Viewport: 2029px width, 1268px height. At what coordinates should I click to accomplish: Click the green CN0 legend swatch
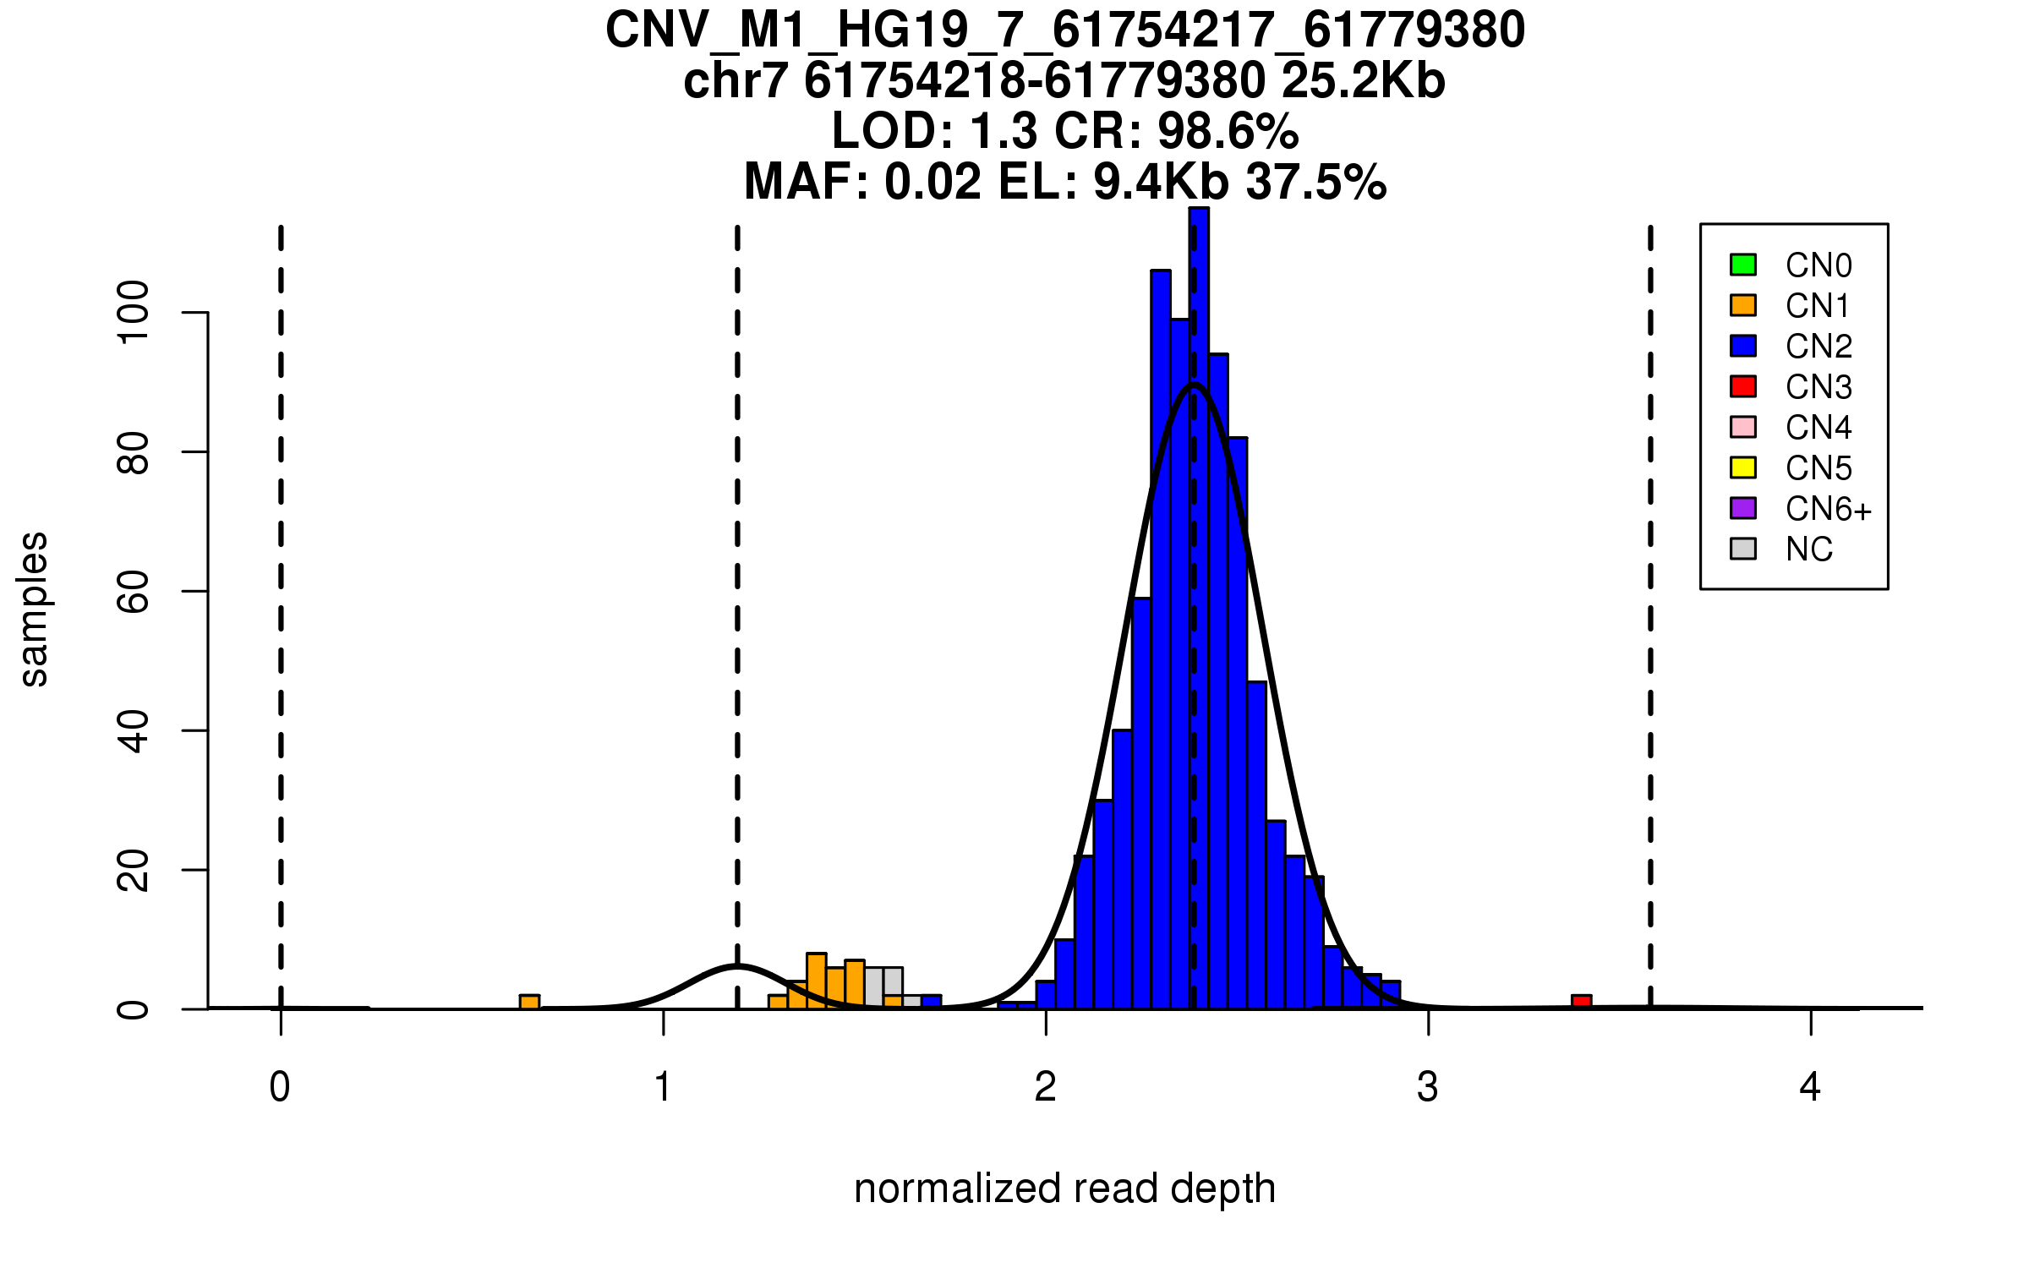pos(1743,265)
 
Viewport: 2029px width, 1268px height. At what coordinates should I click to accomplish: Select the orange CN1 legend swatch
pos(1743,305)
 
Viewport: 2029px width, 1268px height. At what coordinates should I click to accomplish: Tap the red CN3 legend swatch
pos(1743,386)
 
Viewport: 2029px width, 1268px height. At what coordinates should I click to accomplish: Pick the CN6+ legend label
pos(1829,509)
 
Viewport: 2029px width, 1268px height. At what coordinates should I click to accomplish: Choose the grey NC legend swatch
pos(1743,549)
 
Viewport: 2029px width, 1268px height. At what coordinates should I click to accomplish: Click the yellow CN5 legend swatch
pos(1743,467)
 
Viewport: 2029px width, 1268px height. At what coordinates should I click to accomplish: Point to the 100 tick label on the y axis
pos(134,313)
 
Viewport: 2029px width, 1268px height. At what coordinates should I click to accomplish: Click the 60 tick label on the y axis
pos(134,592)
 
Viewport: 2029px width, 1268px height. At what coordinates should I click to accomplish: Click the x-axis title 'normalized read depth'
pos(1064,1189)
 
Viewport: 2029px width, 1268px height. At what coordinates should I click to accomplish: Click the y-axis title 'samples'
pos(34,609)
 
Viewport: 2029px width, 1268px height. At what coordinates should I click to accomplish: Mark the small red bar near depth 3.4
pos(1582,1002)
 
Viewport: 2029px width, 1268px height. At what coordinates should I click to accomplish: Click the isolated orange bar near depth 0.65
pos(529,1002)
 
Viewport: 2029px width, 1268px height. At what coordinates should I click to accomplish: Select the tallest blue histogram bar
pos(1199,609)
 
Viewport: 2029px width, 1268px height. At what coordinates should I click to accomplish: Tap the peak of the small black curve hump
pos(737,965)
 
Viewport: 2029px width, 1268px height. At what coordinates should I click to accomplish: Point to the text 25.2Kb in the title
pos(1363,81)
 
